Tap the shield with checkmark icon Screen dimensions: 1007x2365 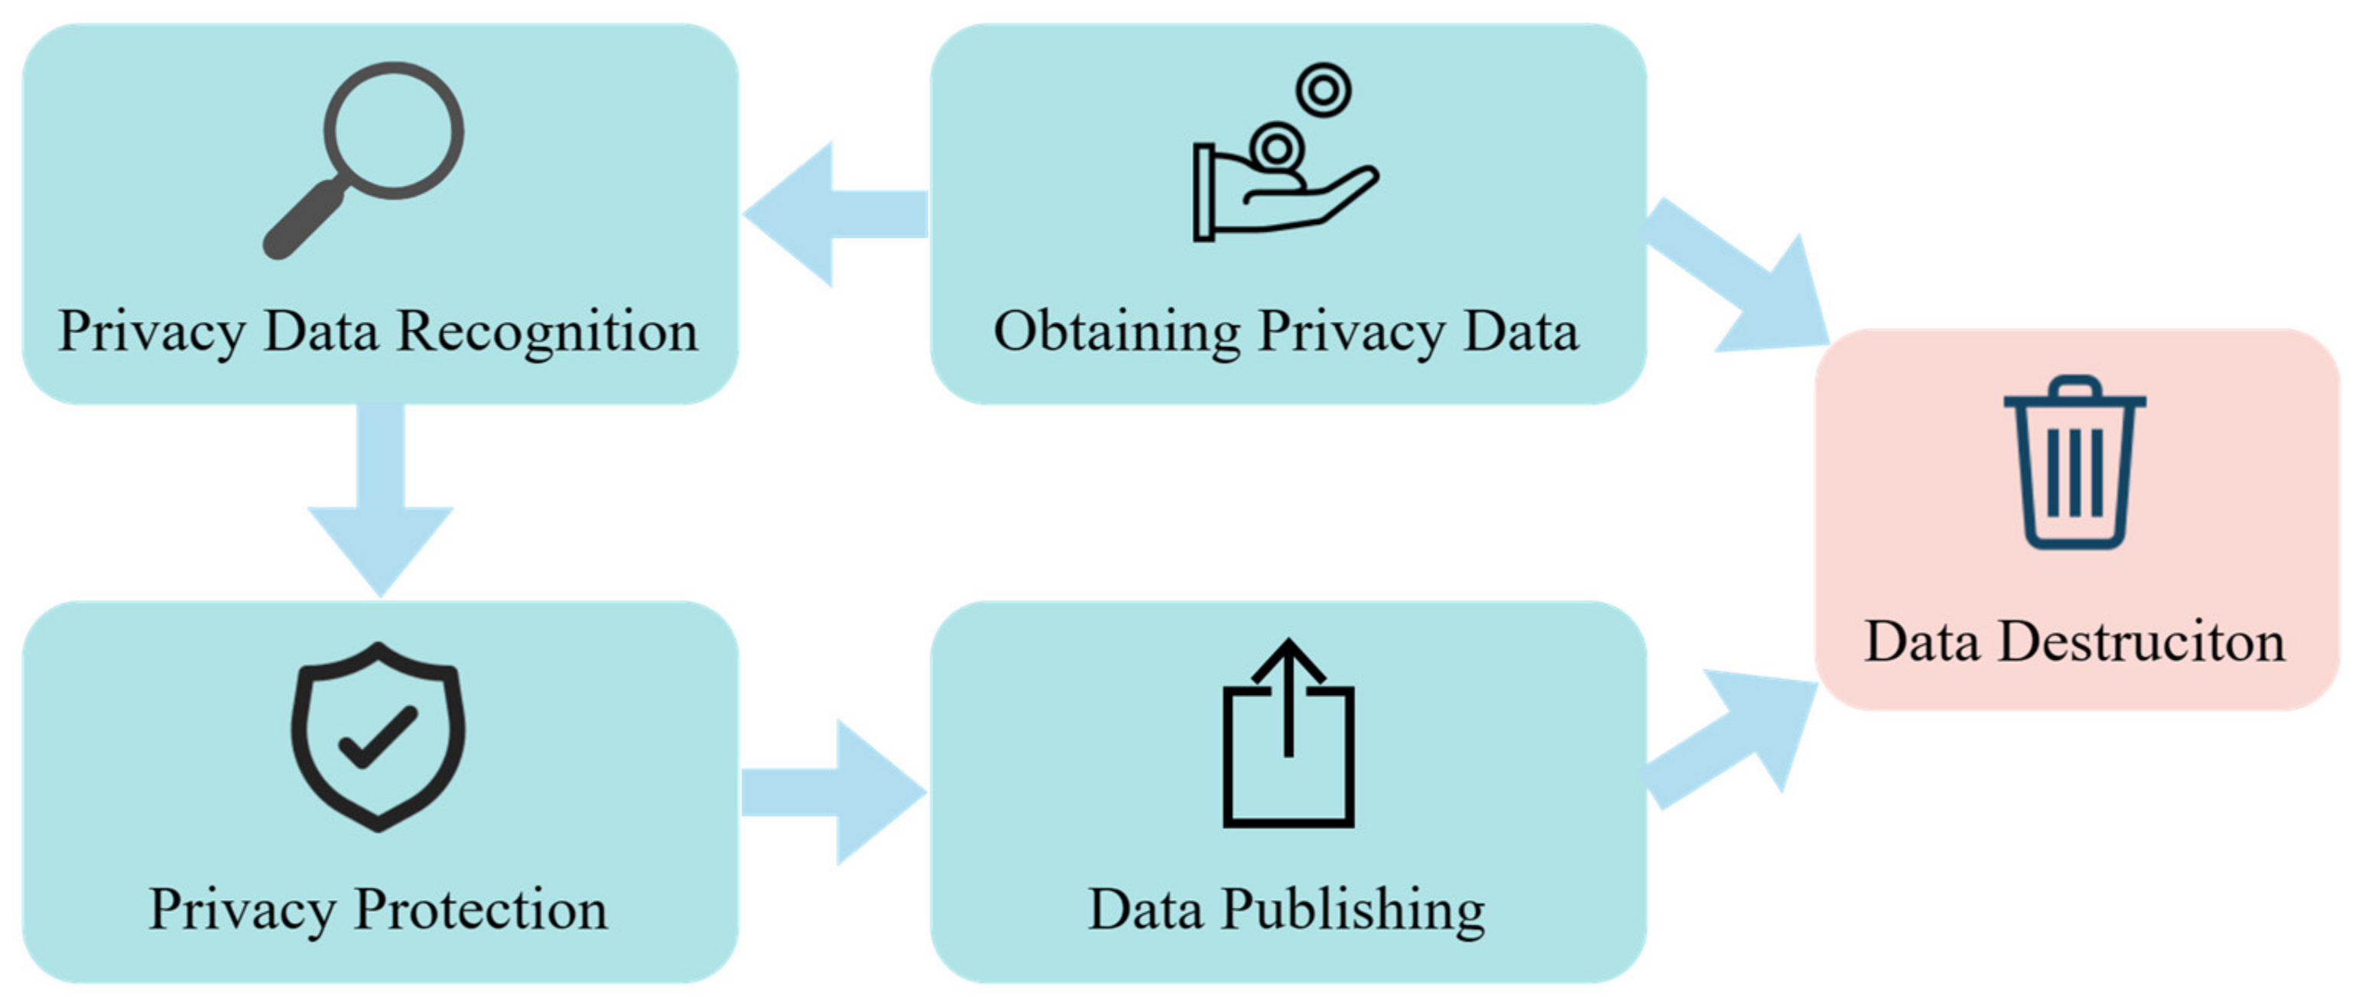pos(378,736)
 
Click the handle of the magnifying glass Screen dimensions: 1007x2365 pos(303,220)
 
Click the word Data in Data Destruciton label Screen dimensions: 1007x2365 pos(1921,642)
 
